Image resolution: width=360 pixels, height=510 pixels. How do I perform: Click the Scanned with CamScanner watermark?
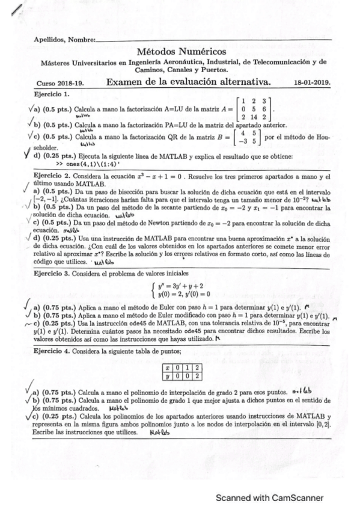270,498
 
